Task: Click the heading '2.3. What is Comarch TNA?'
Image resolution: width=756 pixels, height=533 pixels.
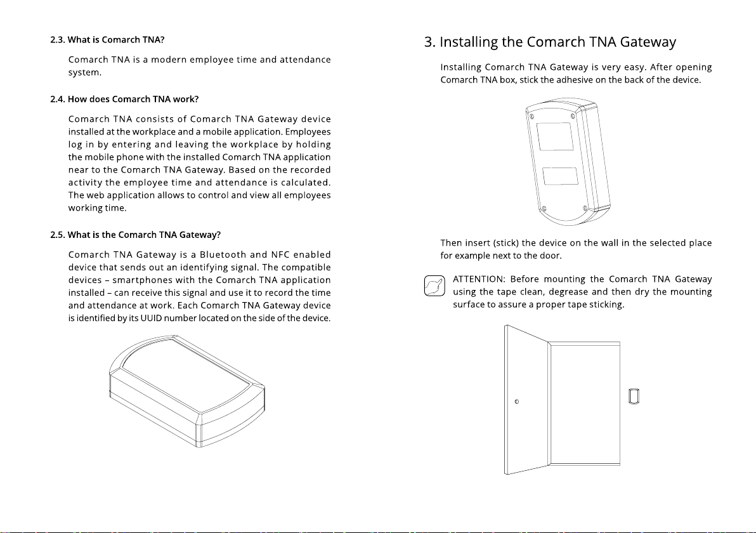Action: click(x=107, y=40)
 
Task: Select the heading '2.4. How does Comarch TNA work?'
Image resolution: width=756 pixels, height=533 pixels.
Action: click(x=124, y=100)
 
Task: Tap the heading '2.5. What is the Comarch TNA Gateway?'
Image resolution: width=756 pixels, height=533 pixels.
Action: click(x=135, y=235)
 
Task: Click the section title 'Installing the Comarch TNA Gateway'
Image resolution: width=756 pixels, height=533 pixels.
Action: click(x=550, y=43)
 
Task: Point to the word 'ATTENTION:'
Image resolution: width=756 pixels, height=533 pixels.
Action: click(x=479, y=279)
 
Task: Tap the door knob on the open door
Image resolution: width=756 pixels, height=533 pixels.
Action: click(x=517, y=402)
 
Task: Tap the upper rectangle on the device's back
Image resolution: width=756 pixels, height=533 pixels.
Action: click(x=555, y=136)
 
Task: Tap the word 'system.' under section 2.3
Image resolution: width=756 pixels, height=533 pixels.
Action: click(x=84, y=73)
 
